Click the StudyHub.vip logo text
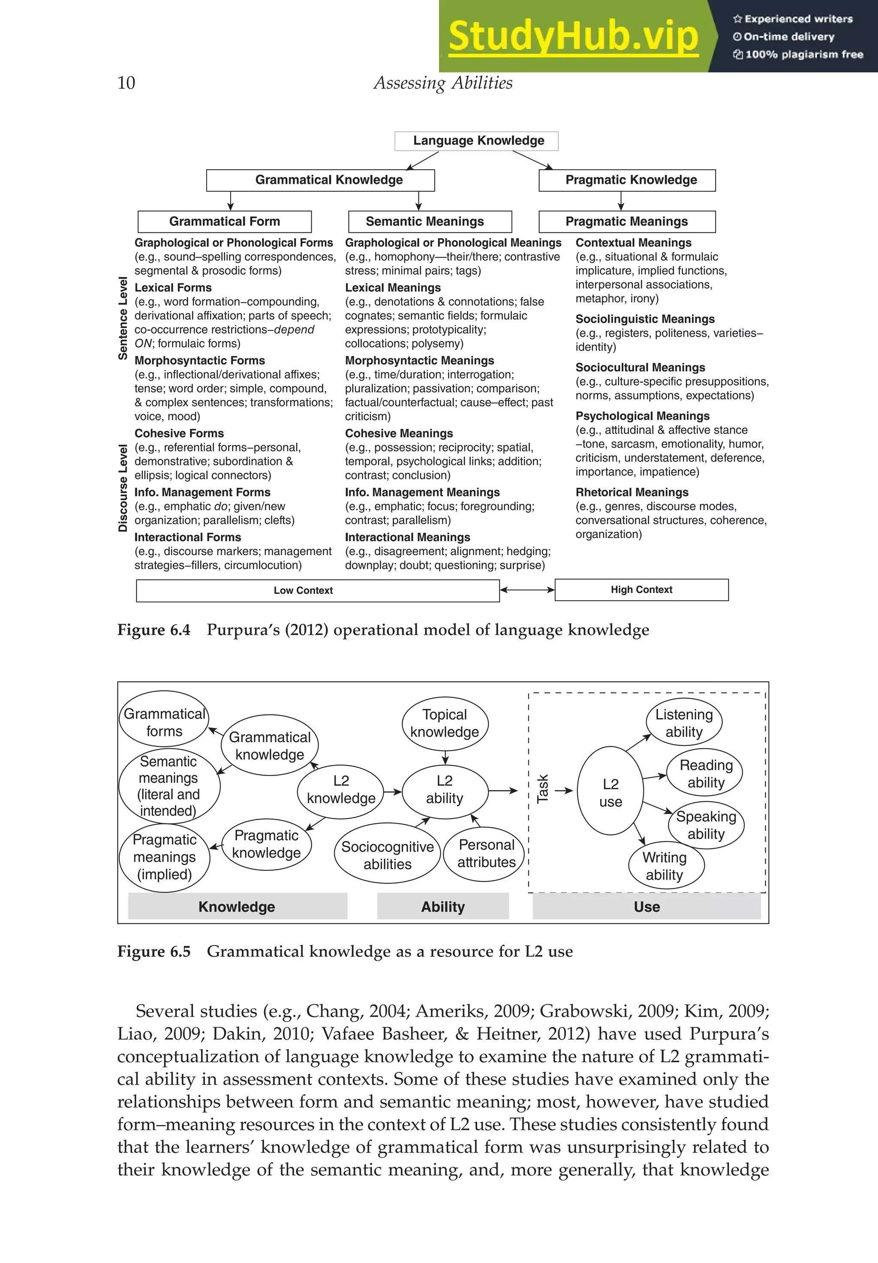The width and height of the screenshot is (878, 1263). pyautogui.click(x=573, y=37)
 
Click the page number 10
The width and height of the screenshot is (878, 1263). pyautogui.click(x=126, y=83)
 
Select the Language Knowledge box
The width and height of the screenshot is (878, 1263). pyautogui.click(x=476, y=141)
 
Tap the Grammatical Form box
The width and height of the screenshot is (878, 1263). pyautogui.click(x=225, y=222)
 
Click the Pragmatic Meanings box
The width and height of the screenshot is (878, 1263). pyautogui.click(x=627, y=222)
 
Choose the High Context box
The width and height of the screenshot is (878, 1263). pyautogui.click(x=641, y=589)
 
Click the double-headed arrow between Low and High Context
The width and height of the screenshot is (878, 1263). pyautogui.click(x=527, y=590)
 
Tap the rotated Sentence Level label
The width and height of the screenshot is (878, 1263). pyautogui.click(x=123, y=319)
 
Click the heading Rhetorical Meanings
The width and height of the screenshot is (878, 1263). pyautogui.click(x=632, y=492)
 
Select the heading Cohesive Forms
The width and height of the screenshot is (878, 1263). pyautogui.click(x=179, y=433)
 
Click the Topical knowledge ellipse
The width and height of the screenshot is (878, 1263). pyautogui.click(x=445, y=723)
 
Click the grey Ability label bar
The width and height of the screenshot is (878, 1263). pyautogui.click(x=443, y=907)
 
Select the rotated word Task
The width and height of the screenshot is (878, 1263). pyautogui.click(x=542, y=789)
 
